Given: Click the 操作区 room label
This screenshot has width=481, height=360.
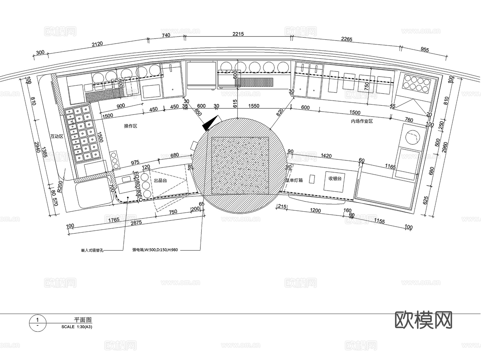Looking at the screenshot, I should [x=130, y=126].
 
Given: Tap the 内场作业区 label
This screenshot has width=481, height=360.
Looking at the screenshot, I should [x=362, y=121].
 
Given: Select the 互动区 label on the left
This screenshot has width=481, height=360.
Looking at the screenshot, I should [x=57, y=136].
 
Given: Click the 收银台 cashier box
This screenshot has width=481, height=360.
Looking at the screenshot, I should [x=335, y=179].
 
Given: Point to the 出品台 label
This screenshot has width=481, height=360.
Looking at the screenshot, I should [x=160, y=181].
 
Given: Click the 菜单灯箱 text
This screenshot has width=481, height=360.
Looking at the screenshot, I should [x=294, y=180].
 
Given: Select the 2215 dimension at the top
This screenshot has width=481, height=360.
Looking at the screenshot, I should [x=238, y=34].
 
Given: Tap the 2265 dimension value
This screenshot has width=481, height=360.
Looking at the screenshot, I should [x=347, y=39].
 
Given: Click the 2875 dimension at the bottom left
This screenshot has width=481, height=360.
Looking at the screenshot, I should [x=136, y=223].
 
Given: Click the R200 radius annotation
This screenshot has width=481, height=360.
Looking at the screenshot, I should [x=60, y=187].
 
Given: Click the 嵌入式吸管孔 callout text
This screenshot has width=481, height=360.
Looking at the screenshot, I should [x=92, y=251].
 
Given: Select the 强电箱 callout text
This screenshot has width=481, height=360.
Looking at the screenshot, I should [x=155, y=250].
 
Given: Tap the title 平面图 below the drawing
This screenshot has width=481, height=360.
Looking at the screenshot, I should [x=83, y=320].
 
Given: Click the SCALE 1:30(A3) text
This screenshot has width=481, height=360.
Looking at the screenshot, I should [x=77, y=327].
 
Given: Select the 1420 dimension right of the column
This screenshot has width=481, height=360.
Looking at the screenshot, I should [x=326, y=156].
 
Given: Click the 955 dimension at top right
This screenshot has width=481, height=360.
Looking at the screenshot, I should [x=425, y=49].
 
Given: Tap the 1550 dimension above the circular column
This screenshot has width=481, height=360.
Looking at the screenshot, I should [x=254, y=106].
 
